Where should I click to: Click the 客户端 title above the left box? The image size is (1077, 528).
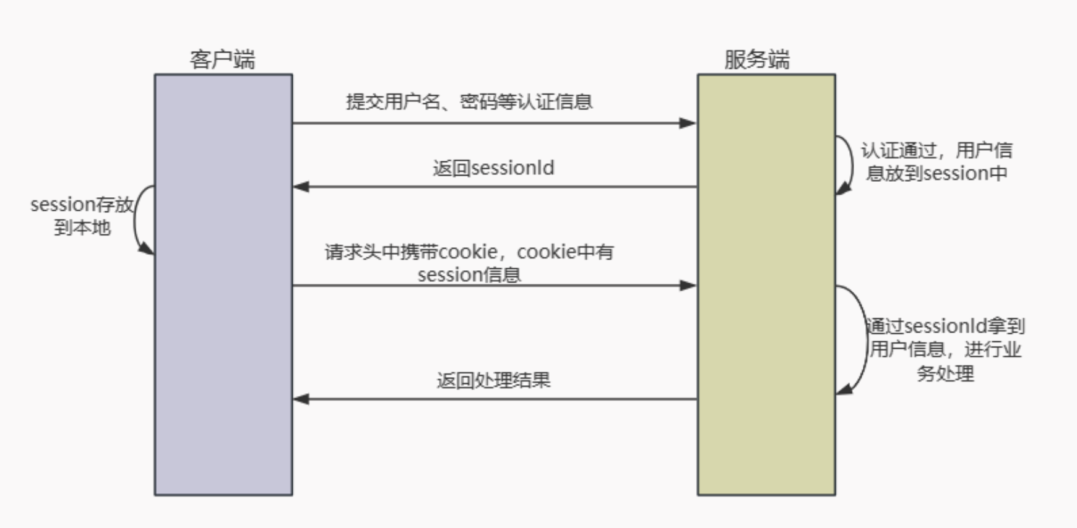click(222, 59)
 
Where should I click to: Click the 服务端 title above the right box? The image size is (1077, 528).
click(756, 59)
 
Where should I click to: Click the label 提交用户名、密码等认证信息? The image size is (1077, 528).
click(469, 101)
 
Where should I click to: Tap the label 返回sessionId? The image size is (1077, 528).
click(493, 168)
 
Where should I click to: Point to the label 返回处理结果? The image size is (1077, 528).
click(493, 380)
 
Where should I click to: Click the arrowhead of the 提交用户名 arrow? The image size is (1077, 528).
click(688, 123)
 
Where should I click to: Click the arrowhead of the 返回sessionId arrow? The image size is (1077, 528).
click(301, 187)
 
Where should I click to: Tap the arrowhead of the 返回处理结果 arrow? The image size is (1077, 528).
click(301, 399)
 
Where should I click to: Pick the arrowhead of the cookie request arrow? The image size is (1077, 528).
click(688, 286)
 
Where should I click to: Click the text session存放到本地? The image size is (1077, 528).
click(82, 216)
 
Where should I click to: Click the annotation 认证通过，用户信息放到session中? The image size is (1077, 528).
click(936, 162)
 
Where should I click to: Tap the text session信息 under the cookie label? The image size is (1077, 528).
click(469, 275)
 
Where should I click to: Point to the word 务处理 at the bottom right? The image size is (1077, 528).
click(945, 373)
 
